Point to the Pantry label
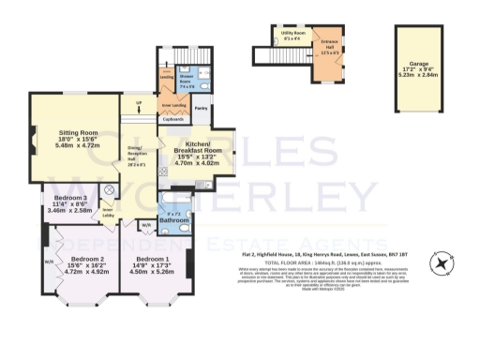point(201,108)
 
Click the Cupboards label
point(172,119)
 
